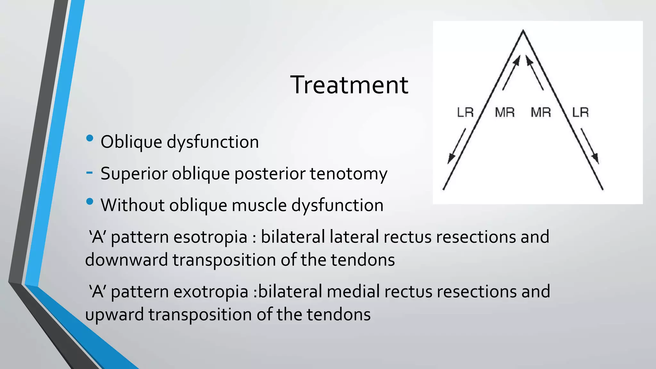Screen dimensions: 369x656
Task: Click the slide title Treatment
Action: point(349,85)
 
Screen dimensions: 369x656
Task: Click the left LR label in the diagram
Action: point(465,112)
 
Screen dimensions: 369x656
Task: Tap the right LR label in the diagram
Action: point(580,112)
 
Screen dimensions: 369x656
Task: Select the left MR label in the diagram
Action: point(505,112)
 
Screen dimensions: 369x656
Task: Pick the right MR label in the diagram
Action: point(541,112)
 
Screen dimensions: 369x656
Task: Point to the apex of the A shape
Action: point(523,31)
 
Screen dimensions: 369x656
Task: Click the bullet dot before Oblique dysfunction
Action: point(90,138)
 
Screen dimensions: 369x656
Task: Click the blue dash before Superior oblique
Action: point(90,173)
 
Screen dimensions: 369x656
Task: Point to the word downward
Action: point(127,260)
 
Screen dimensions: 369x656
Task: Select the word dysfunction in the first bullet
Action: point(213,142)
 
